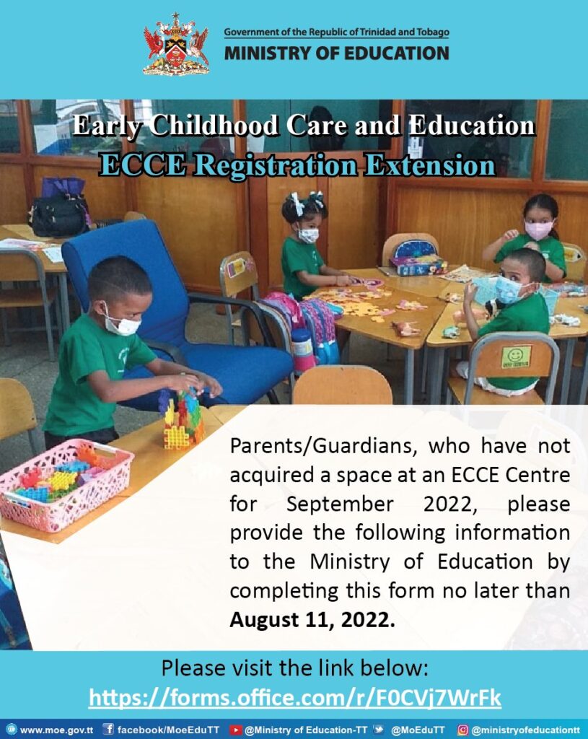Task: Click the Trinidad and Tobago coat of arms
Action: point(176,45)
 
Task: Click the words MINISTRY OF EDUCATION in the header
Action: point(336,53)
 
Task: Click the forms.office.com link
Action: point(294,698)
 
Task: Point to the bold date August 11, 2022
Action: point(312,618)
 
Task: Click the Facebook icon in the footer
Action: point(108,730)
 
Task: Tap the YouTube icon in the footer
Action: point(235,730)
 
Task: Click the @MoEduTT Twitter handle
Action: point(418,730)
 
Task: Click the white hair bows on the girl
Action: point(305,202)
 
